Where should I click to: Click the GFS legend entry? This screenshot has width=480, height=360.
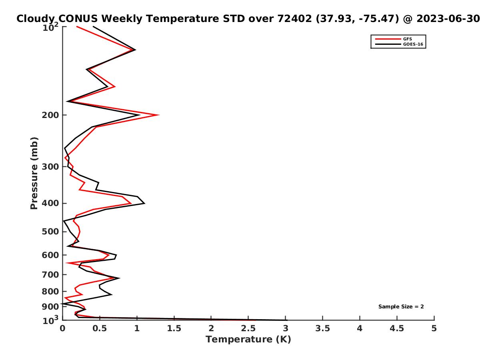(x=393, y=39)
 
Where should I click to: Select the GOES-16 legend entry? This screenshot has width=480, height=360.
(x=399, y=44)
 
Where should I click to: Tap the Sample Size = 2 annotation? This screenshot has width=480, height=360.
(x=401, y=306)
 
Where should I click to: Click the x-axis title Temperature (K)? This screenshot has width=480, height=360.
(x=248, y=340)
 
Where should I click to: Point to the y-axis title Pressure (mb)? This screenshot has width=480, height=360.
(x=34, y=173)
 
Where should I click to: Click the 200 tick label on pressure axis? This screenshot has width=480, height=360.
(x=50, y=115)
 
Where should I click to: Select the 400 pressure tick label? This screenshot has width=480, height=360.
(x=50, y=203)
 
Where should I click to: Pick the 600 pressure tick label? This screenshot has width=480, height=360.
(x=50, y=255)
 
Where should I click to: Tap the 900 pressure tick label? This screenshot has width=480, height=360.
(x=50, y=307)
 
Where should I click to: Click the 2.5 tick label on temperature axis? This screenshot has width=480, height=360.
(x=248, y=328)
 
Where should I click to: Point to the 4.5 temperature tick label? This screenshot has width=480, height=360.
(x=397, y=328)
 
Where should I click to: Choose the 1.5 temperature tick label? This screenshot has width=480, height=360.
(x=174, y=328)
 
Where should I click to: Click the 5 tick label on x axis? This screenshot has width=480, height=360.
(x=434, y=328)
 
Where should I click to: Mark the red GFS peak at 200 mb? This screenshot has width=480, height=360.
(x=159, y=115)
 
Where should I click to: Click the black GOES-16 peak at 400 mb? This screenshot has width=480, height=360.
(x=144, y=204)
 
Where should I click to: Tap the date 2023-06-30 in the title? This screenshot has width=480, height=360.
(x=448, y=19)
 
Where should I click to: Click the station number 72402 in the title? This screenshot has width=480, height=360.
(x=294, y=19)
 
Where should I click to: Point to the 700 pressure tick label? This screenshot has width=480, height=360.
(x=50, y=274)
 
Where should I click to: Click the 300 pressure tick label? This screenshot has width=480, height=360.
(x=50, y=167)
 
